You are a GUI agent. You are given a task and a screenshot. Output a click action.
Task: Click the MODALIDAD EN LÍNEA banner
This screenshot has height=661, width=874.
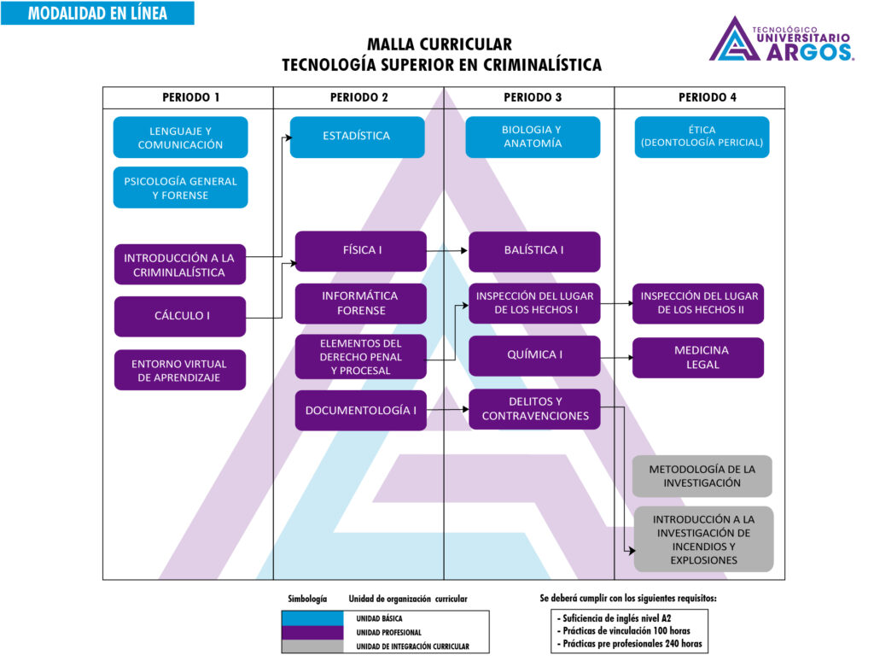(x=97, y=13)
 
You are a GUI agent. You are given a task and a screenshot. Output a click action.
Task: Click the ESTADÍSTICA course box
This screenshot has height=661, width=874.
(x=357, y=137)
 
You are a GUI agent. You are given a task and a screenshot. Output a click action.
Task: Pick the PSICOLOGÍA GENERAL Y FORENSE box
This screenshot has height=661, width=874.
(x=180, y=188)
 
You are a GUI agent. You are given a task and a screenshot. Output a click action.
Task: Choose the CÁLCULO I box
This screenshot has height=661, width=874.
(x=180, y=316)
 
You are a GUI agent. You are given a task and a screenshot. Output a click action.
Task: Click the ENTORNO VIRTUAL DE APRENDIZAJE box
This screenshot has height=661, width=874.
(x=180, y=370)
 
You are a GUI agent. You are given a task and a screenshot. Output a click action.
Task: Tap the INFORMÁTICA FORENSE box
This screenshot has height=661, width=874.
(x=360, y=303)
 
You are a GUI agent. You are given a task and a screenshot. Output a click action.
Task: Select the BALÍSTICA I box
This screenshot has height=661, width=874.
(x=534, y=251)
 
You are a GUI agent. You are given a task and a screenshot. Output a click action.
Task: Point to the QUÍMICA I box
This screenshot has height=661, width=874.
(x=534, y=356)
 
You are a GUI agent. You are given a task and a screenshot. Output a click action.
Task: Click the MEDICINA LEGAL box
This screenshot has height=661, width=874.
(x=698, y=357)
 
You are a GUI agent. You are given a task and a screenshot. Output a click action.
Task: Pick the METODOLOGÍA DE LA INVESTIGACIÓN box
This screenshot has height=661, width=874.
(x=702, y=476)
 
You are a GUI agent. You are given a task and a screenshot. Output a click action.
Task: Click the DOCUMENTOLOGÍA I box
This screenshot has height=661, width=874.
(x=360, y=410)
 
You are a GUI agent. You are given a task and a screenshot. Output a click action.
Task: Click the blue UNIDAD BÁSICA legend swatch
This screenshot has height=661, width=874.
(x=312, y=617)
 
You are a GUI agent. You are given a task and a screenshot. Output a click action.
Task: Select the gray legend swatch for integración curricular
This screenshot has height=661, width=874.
(x=312, y=646)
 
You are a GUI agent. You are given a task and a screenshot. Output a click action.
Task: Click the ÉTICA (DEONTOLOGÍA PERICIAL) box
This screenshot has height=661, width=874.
(x=702, y=137)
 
